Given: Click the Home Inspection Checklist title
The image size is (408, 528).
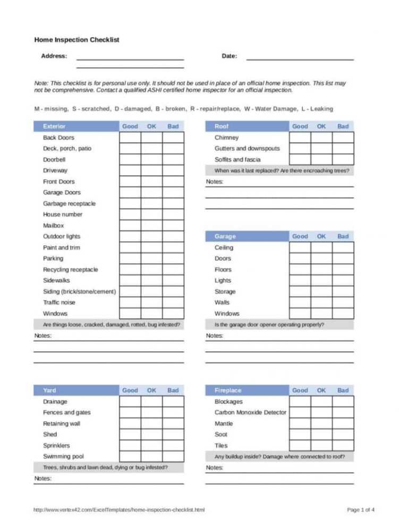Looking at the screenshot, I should [76, 39].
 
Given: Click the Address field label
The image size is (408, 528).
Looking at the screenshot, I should [54, 56].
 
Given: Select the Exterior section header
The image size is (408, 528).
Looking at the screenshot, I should [54, 126].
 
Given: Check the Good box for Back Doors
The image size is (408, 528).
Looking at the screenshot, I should [130, 138].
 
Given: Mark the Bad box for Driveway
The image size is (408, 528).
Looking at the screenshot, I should [173, 171].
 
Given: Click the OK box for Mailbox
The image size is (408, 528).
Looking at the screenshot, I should [151, 226].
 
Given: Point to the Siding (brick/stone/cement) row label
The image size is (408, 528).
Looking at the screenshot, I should [79, 292].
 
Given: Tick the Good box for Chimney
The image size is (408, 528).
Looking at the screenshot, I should [300, 138].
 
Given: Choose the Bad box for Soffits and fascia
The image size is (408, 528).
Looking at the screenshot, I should [343, 159].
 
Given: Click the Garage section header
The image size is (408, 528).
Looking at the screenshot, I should [225, 236].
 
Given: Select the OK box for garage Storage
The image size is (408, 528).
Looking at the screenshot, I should [321, 292].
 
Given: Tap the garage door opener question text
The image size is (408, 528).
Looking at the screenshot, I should [269, 325].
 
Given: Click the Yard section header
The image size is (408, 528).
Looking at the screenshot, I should [49, 390].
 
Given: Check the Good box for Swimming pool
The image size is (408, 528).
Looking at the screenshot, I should [130, 456].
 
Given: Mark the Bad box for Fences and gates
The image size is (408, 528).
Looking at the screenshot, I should [173, 413].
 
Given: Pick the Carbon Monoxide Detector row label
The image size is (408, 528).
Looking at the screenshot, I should [250, 413].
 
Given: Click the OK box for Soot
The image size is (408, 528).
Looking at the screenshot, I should [321, 435].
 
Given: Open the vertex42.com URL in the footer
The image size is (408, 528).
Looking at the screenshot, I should [119, 510].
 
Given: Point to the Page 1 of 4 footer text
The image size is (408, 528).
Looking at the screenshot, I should [361, 510].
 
